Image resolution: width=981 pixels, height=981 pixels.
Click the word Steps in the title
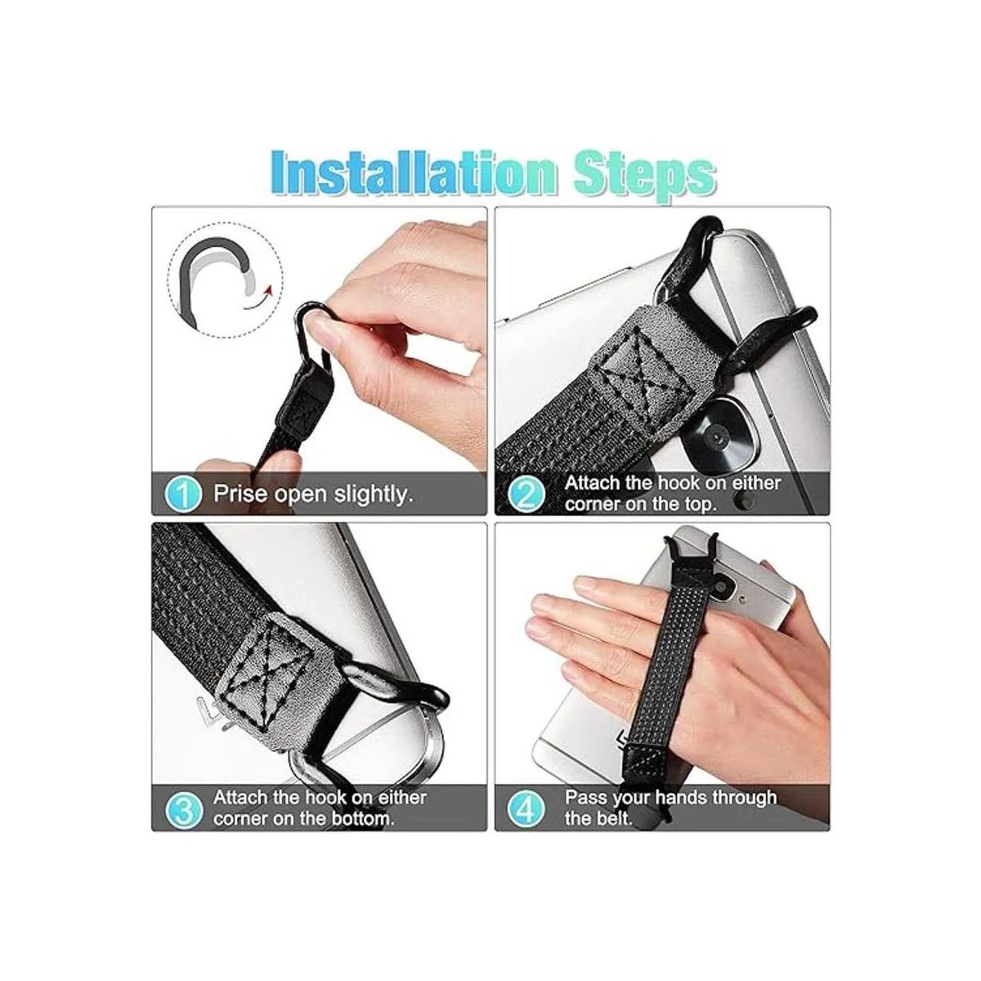pyautogui.click(x=644, y=175)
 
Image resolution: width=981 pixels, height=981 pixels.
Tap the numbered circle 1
pyautogui.click(x=183, y=493)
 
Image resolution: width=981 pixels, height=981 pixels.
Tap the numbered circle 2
pyautogui.click(x=526, y=493)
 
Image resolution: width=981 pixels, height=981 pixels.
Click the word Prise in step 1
pyautogui.click(x=241, y=493)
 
